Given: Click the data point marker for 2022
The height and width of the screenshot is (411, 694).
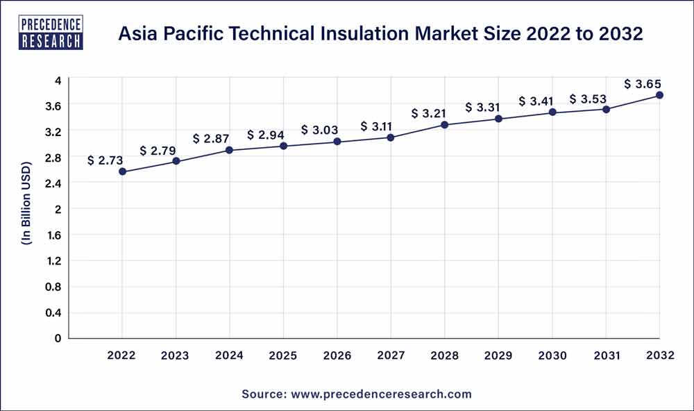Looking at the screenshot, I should point(122,171).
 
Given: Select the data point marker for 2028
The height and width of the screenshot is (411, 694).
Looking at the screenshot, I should point(445,125).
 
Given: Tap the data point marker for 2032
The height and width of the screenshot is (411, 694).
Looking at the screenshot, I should point(659,95).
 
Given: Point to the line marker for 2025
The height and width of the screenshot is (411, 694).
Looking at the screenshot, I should point(283,146).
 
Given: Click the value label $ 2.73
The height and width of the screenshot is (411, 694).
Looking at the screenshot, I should point(105,160).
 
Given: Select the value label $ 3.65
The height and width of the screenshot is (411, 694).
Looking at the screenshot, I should point(643,84).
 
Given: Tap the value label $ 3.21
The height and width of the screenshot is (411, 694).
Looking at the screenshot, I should point(428,113).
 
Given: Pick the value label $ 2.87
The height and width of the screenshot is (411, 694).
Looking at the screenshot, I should point(213,139).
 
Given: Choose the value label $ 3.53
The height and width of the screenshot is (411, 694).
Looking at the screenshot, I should point(589,99).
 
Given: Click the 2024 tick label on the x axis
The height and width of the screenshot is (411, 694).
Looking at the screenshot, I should point(230,355).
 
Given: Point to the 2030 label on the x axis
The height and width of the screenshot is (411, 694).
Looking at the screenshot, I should point(552,355).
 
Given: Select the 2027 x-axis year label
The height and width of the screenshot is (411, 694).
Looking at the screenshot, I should point(391,355).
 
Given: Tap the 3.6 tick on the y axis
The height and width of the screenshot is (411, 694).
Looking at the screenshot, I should point(54,106).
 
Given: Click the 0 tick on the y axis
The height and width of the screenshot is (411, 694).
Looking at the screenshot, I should point(58,338).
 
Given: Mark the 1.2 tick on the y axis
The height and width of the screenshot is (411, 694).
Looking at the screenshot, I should point(54,261).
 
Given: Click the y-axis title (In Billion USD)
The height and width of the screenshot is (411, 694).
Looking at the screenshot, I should point(26,208).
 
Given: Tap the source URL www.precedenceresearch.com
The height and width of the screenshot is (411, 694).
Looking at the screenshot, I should point(381,394).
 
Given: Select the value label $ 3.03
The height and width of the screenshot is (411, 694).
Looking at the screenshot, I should point(319,131).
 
